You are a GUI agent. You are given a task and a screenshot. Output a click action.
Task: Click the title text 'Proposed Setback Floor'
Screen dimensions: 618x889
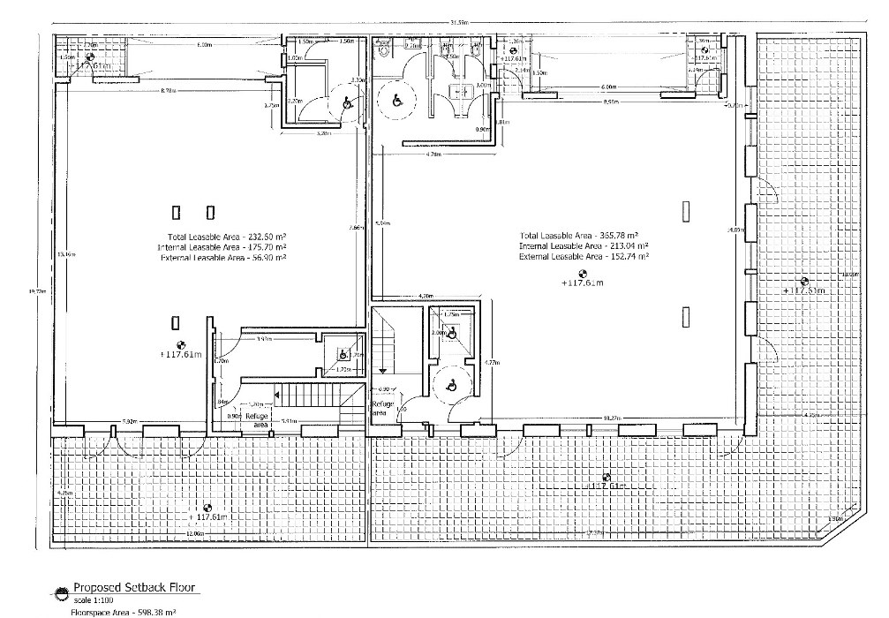pos(134,587)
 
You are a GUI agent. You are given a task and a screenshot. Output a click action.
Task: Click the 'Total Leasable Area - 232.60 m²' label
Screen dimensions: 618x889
pos(226,237)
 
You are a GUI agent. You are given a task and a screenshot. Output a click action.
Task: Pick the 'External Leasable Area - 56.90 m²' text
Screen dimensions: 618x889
pos(222,258)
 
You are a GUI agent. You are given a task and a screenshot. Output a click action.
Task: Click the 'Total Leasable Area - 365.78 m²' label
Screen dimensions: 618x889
pos(585,235)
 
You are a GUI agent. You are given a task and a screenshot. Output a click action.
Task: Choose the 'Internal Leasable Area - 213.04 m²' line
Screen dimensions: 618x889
pos(584,245)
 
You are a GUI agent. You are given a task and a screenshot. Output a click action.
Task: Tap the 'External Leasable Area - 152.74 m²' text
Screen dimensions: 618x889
pos(584,256)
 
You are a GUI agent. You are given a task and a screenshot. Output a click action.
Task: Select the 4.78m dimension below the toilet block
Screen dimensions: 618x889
pos(433,154)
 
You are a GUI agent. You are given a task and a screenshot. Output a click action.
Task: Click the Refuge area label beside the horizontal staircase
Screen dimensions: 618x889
pos(256,419)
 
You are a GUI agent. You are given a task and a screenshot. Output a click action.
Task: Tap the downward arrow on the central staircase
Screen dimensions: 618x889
pos(383,372)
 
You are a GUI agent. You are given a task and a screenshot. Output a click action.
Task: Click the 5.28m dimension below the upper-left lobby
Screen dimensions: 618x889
pos(324,134)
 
